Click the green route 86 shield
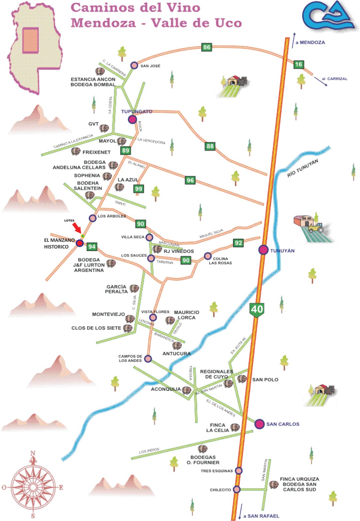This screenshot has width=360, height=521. click(207, 47)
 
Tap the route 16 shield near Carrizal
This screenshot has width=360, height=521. click(298, 64)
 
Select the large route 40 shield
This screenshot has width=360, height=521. click(257, 309)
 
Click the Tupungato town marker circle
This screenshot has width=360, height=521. click(132, 120)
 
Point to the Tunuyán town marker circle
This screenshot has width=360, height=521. click(263, 250)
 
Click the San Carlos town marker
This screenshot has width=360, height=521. click(259, 424)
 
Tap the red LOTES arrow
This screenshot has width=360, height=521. click(77, 227)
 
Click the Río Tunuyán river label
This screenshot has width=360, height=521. click(302, 168)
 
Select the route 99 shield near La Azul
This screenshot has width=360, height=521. click(139, 189)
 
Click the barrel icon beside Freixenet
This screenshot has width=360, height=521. click(76, 151)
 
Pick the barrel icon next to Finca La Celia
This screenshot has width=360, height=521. click(235, 427)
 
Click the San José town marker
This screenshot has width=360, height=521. click(134, 65)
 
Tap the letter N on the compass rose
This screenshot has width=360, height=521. click(33, 453)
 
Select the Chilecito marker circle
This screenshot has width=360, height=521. click(237, 489)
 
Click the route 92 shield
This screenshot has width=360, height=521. click(238, 243)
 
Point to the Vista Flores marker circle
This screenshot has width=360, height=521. click(153, 317)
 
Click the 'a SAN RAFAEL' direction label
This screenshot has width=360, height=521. click(261, 516)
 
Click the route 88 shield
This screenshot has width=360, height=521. click(210, 146)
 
